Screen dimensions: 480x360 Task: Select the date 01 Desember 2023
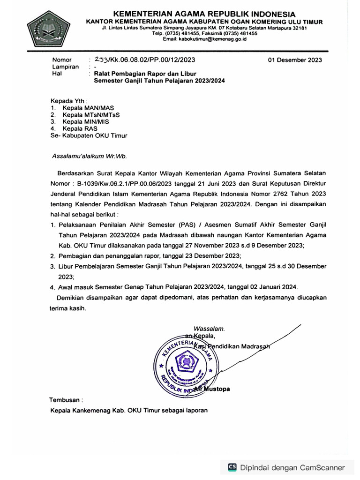click(295, 60)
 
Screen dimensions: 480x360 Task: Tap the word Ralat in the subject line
click(102, 74)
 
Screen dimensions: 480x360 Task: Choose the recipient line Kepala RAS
click(78, 128)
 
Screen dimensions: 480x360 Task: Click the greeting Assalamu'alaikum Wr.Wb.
click(89, 156)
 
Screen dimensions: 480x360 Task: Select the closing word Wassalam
click(209, 328)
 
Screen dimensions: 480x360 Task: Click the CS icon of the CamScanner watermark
click(232, 467)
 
